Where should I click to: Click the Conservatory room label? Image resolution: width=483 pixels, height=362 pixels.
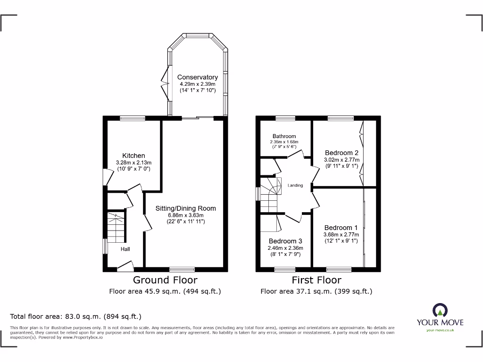click(x=197, y=77)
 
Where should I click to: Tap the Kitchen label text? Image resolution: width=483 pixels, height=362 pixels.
click(x=133, y=156)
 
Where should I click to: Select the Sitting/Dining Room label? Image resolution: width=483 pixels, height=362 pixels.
click(x=186, y=208)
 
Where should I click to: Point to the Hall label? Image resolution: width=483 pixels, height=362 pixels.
click(x=125, y=249)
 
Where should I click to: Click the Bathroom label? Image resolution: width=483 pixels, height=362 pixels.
click(x=283, y=136)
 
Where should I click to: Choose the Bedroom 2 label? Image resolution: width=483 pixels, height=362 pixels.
click(x=341, y=153)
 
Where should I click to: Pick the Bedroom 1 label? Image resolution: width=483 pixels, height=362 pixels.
click(x=341, y=228)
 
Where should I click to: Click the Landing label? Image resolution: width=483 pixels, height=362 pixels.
click(x=295, y=185)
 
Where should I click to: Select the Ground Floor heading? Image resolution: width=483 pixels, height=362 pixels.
click(x=165, y=280)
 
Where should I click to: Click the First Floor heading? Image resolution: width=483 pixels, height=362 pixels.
click(x=316, y=280)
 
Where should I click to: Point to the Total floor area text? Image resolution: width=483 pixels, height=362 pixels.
click(x=75, y=317)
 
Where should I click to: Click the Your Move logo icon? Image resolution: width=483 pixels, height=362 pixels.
click(x=440, y=310)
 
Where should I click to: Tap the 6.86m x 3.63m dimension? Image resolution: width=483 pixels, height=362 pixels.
click(x=186, y=215)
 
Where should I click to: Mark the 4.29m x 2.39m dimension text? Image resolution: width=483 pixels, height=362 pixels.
click(x=197, y=84)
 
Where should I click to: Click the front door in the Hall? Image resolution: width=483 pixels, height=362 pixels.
click(x=125, y=267)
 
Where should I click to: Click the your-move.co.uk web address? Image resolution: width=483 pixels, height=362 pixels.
click(x=440, y=330)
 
